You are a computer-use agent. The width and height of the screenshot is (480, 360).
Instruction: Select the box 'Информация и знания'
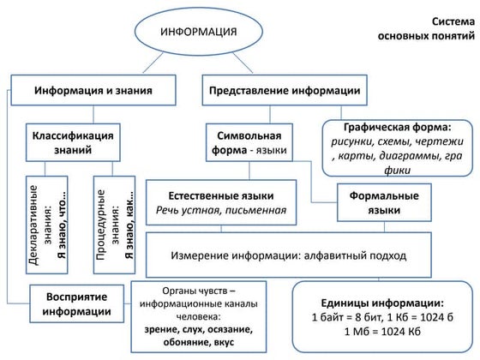(93, 90)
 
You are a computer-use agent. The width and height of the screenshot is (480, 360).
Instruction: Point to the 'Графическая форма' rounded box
(396, 147)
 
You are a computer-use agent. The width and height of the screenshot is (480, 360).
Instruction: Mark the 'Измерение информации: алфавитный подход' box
(300, 255)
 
